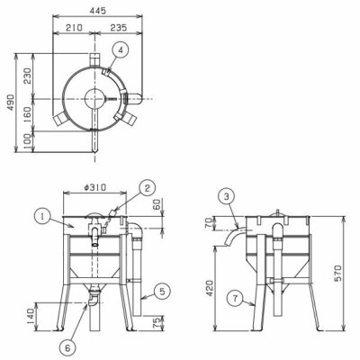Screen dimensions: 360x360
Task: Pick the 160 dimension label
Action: pos(27,114)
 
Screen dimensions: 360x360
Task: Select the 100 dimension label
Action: pos(27,140)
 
